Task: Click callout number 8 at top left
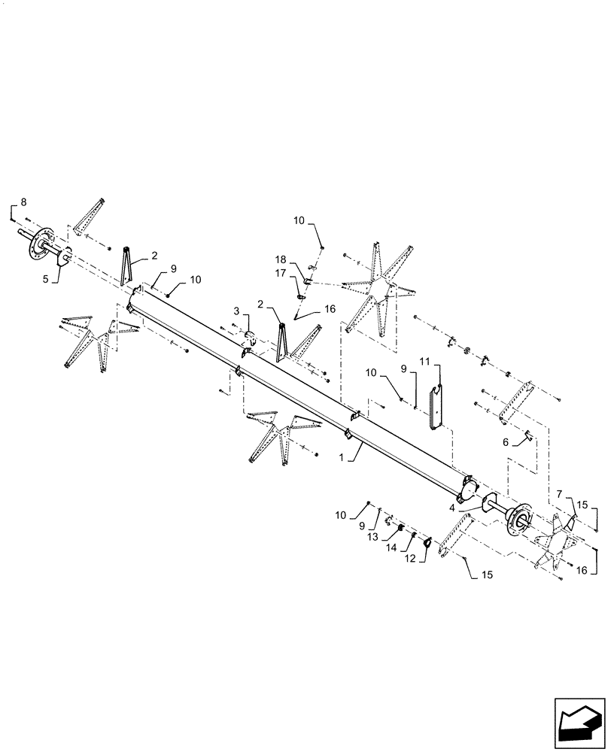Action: coord(23,202)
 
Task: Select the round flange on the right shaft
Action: coord(518,518)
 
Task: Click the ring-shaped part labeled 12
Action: coord(427,543)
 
